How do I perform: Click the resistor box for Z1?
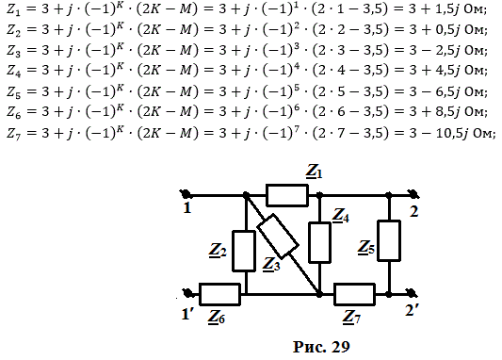tap(287, 195)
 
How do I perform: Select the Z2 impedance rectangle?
tap(244, 251)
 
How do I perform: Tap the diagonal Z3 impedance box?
tap(278, 236)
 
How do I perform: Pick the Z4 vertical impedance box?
tap(319, 242)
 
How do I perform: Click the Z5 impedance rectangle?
tap(389, 240)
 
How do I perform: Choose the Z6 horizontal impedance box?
tap(219, 294)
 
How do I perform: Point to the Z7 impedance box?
tap(354, 294)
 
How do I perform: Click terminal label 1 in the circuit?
tap(187, 208)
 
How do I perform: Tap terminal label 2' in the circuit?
tap(412, 310)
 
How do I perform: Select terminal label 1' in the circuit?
tap(187, 314)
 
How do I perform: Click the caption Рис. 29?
tap(321, 347)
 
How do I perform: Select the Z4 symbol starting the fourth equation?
tap(14, 72)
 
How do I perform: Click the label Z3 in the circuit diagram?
tap(271, 265)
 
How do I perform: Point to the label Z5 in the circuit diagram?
tap(366, 248)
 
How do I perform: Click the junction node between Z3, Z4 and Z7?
tap(319, 294)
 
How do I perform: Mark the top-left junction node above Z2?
tap(246, 194)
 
